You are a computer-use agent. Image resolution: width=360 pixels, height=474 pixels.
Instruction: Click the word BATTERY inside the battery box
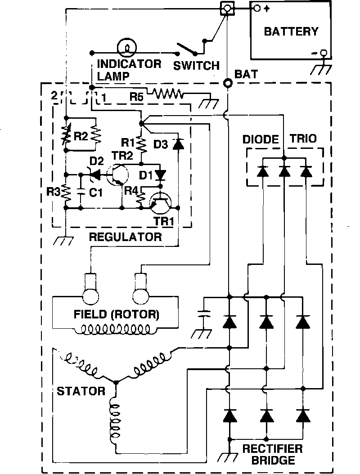coord(291,31)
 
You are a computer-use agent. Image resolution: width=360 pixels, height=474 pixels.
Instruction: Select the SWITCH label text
coord(197,66)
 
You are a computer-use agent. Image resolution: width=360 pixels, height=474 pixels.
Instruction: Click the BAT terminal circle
coord(228,83)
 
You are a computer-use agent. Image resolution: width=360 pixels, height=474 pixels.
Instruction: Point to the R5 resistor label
coord(136,96)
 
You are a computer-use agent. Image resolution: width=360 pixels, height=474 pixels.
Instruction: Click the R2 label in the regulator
coord(81,137)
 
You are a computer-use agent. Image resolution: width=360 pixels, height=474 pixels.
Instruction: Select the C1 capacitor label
coord(95,192)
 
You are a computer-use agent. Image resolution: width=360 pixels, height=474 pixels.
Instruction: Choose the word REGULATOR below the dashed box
coord(125,237)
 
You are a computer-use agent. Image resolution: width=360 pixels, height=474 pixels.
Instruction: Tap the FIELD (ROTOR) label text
coord(117,313)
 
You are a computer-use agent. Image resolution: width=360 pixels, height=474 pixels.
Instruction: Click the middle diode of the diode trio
coord(284,171)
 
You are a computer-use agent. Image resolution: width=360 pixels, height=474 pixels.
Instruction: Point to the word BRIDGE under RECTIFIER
coord(268,460)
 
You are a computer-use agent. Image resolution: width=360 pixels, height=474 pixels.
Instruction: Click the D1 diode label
coord(150,174)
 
